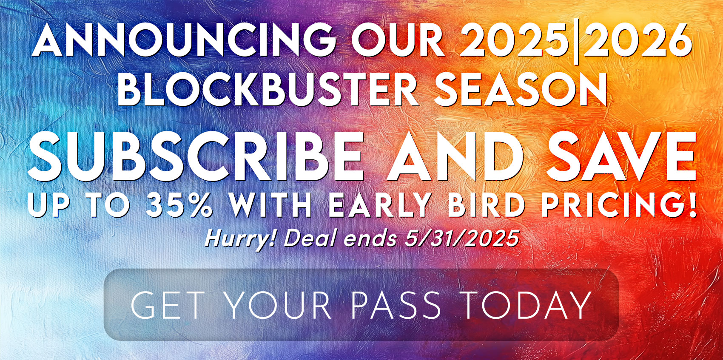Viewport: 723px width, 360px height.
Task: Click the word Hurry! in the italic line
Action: click(240, 239)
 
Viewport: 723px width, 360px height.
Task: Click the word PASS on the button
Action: click(396, 305)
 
